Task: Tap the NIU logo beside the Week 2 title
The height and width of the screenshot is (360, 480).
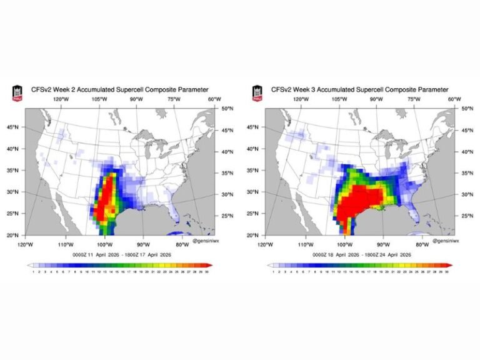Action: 17,93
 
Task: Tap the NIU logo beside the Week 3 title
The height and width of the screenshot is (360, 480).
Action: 257,93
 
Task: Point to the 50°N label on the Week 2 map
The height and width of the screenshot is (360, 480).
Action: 227,109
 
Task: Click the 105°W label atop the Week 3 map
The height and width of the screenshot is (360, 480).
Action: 339,99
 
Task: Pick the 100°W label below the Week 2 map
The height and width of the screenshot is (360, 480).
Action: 104,244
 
